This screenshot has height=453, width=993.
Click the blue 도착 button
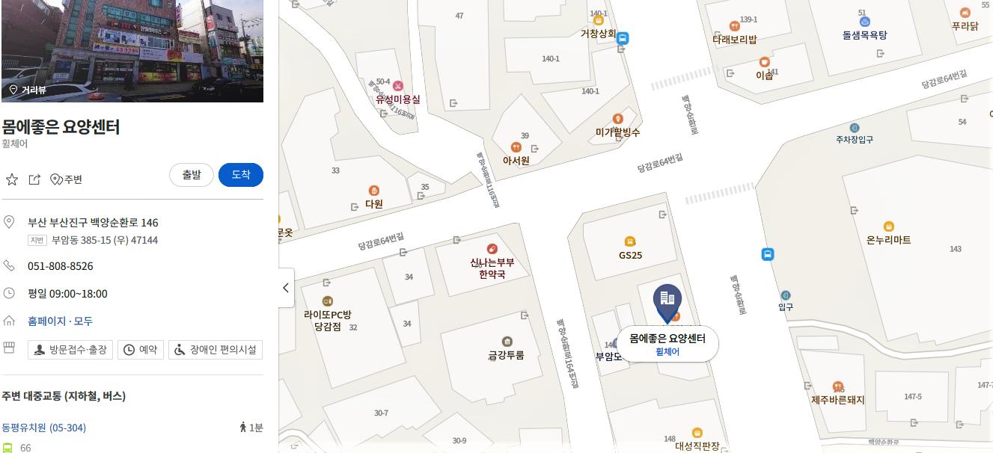[x=240, y=175]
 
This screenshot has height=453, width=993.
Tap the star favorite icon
[x=12, y=179]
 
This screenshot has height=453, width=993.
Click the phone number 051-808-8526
[x=60, y=266]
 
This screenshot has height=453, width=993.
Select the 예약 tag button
[x=140, y=349]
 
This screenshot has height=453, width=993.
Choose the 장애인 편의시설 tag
[x=216, y=349]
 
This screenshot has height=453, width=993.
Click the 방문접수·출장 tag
[x=70, y=349]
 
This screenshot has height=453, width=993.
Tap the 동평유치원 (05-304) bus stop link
[x=43, y=428]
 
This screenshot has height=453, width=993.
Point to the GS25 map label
[x=630, y=255]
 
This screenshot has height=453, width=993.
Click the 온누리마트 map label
[x=888, y=239]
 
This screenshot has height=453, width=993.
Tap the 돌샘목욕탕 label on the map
[x=864, y=34]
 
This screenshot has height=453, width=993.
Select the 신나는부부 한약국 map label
[x=492, y=268]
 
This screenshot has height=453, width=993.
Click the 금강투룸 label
[x=506, y=355]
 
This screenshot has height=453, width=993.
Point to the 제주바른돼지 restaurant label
[x=837, y=399]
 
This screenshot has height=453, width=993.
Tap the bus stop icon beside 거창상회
[x=623, y=38]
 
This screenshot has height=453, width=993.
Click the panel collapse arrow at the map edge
[x=286, y=288]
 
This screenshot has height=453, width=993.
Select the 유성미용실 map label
[x=397, y=99]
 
